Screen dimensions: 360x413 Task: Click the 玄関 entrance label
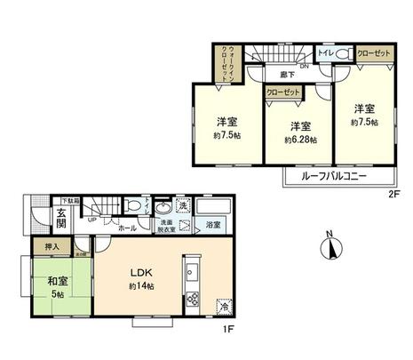(60, 219)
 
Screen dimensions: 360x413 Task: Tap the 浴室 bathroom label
(213, 226)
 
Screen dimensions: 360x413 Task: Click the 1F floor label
(228, 331)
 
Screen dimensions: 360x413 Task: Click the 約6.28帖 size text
(300, 140)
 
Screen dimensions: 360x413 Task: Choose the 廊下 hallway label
(288, 75)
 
